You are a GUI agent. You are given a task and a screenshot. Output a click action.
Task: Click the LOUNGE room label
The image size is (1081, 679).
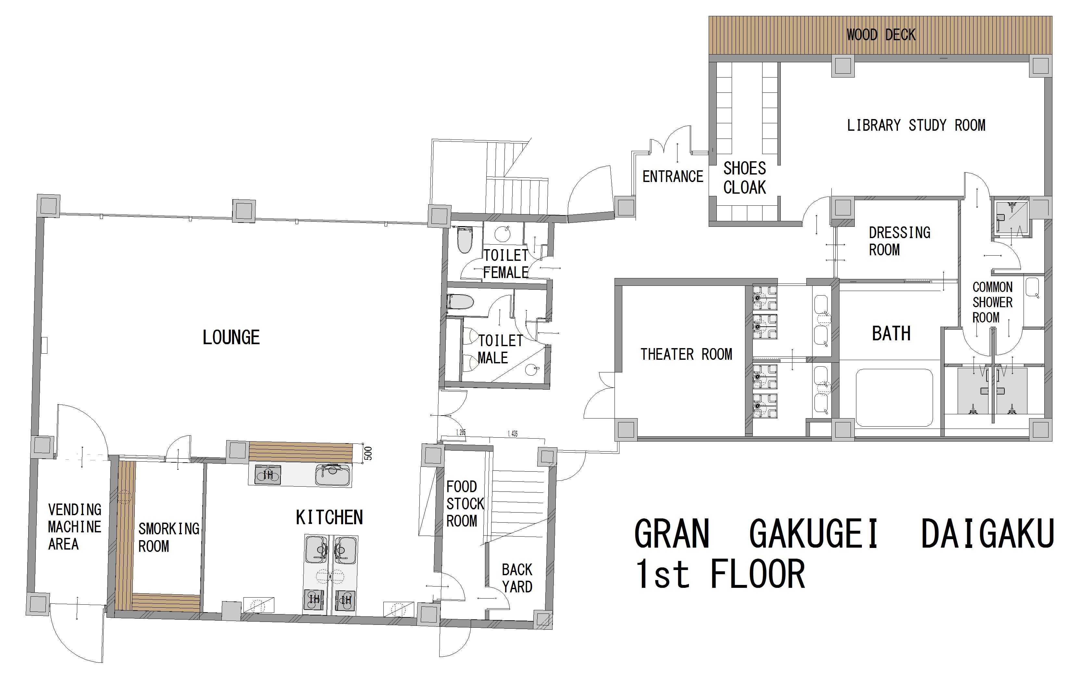click(231, 337)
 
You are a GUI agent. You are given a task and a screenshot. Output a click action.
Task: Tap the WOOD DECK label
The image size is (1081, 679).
click(881, 35)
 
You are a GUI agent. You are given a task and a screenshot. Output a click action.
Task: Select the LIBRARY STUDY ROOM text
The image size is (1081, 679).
click(916, 125)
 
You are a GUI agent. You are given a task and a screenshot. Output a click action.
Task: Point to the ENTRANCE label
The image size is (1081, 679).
click(673, 176)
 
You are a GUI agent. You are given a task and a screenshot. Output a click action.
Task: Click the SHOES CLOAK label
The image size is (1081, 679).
click(745, 178)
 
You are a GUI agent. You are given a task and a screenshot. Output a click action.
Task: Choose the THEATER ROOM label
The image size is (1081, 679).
click(686, 354)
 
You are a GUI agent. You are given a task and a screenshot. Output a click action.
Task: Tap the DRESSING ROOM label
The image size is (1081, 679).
click(900, 241)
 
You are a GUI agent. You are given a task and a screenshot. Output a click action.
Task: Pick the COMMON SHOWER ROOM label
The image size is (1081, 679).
click(992, 302)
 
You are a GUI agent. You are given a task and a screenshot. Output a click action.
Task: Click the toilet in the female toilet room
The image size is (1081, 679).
click(464, 240)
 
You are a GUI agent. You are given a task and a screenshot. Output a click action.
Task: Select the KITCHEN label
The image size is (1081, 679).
click(329, 517)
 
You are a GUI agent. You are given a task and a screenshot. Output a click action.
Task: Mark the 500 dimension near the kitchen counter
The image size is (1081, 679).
click(368, 453)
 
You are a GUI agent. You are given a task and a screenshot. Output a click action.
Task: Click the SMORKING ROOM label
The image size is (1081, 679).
click(169, 537)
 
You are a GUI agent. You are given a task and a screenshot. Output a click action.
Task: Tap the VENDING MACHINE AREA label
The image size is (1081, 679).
click(75, 527)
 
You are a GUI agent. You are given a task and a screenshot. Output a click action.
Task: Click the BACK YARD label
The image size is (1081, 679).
click(517, 578)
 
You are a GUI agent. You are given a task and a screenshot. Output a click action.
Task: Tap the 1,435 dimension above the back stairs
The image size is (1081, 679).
click(513, 433)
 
